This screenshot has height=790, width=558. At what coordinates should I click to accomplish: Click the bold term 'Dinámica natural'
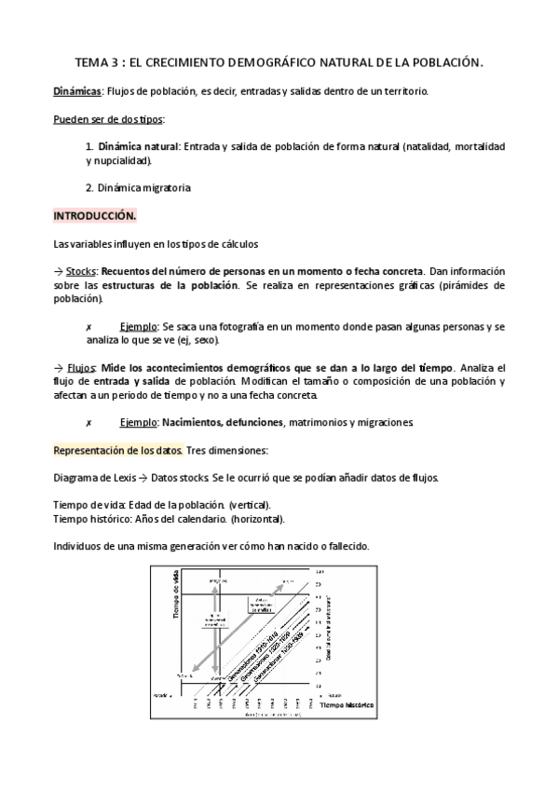tap(138, 146)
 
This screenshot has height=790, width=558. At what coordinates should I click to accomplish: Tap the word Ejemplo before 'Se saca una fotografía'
tap(139, 327)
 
